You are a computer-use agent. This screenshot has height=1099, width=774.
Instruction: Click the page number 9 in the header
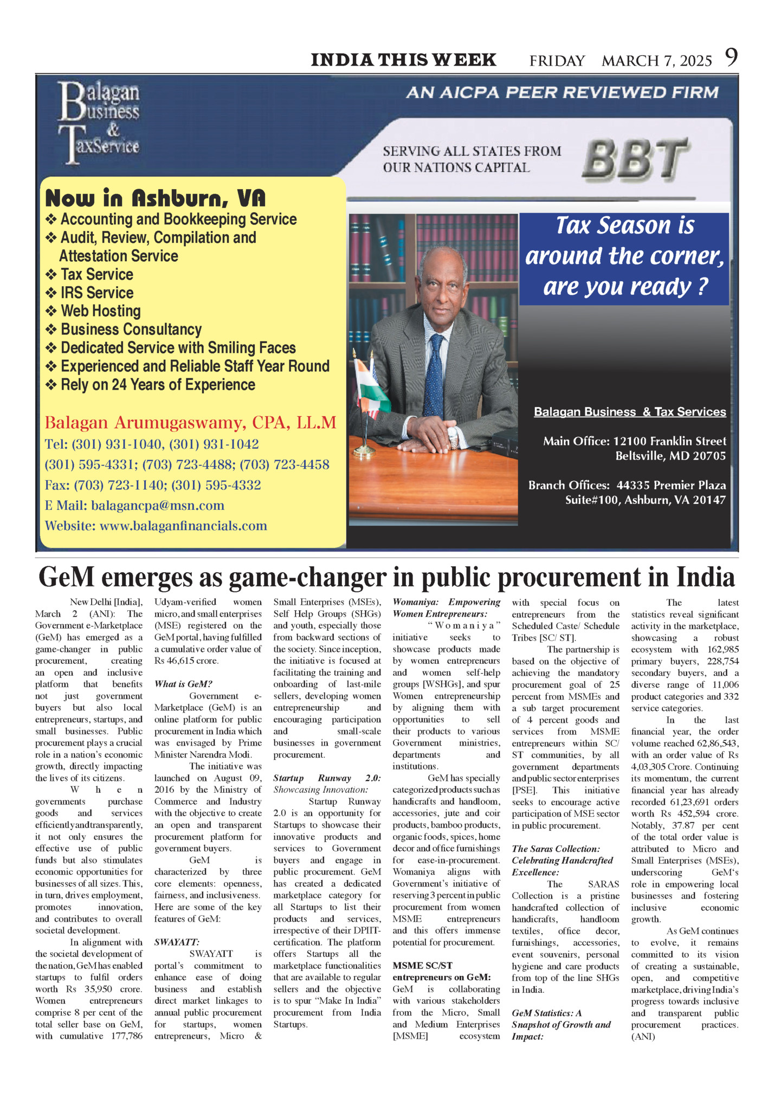point(731,57)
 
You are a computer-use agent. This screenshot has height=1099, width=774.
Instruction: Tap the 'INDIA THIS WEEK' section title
point(403,60)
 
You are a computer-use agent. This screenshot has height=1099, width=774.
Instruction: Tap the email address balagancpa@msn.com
point(157,506)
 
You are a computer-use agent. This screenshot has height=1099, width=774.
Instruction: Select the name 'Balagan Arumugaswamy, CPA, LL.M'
point(190,423)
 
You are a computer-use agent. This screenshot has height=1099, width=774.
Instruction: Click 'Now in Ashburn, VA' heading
point(156,198)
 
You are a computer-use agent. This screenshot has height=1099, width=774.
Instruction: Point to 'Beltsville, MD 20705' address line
point(670,456)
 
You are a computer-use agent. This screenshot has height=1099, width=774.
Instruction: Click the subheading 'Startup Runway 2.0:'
point(327,778)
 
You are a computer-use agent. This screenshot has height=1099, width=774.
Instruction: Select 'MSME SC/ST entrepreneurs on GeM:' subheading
point(441,971)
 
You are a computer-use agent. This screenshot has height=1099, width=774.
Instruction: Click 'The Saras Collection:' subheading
point(556,849)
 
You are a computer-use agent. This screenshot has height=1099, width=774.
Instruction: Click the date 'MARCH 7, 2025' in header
point(656,61)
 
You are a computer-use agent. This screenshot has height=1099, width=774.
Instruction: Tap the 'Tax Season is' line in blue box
point(624,226)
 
